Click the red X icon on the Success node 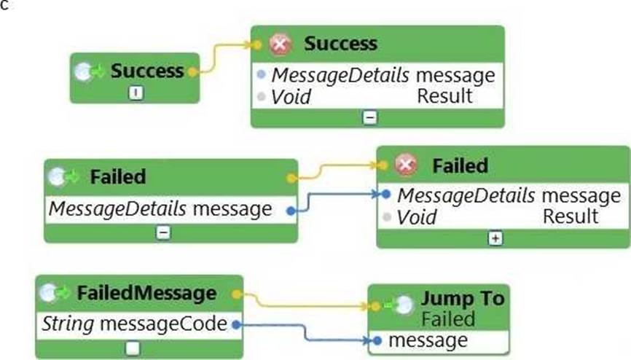tap(280, 44)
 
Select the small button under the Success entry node tap(136, 93)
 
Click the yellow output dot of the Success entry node tap(192, 72)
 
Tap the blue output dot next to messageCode tap(235, 325)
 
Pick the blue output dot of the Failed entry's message tap(291, 211)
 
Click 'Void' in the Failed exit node tap(417, 216)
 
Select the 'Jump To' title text tap(462, 300)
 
